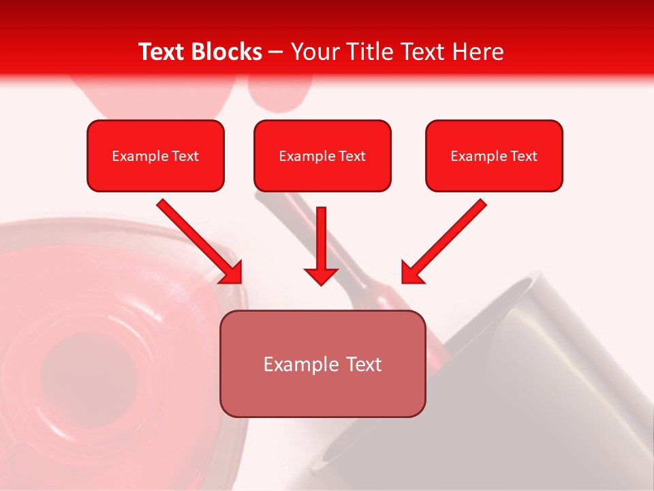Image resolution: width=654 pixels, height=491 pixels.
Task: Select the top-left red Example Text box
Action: (155, 155)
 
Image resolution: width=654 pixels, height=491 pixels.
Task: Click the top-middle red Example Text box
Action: (322, 155)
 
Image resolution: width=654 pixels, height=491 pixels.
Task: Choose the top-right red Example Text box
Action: (494, 155)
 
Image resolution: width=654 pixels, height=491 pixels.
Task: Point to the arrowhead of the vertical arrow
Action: (321, 276)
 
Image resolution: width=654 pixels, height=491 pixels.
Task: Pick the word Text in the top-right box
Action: (523, 156)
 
